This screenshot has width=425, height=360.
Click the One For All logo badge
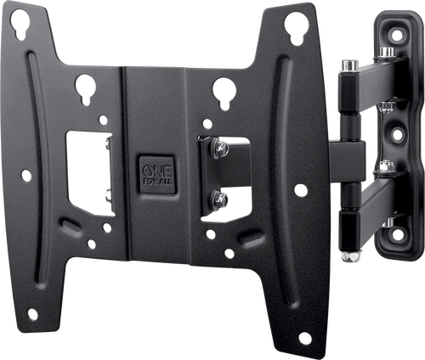pos(157,174)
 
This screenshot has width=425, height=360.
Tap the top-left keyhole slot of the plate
pos(20,23)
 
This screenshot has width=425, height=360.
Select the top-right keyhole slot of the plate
pos(295,27)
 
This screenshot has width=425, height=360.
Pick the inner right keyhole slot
pos(224,92)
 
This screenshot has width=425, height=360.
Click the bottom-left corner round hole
pos(32,314)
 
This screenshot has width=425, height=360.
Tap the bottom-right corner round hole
pos(305,338)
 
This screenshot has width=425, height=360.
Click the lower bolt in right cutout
pos(219,200)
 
